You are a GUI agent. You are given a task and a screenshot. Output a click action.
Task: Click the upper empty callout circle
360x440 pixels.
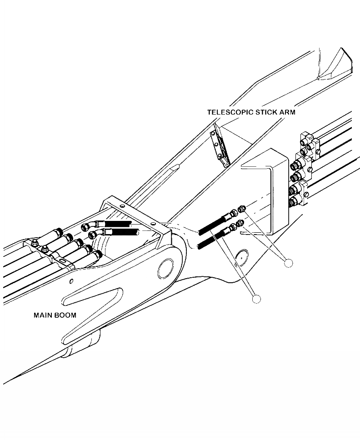(x=288, y=262)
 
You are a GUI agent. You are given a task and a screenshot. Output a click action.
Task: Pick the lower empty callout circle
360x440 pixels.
(x=257, y=298)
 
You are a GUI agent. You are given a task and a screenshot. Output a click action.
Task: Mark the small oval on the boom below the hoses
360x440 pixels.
(x=241, y=258)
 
